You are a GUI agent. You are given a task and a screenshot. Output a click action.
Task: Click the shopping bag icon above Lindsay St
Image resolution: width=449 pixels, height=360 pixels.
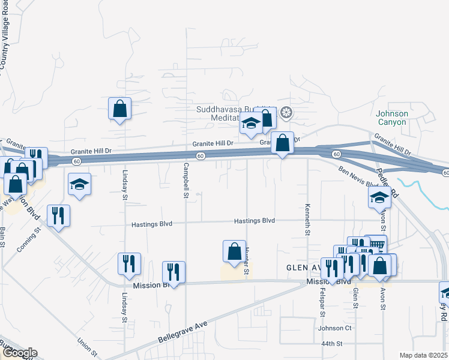[119, 109]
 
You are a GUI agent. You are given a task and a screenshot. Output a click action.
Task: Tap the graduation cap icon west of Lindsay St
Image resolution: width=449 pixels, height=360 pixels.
[79, 184]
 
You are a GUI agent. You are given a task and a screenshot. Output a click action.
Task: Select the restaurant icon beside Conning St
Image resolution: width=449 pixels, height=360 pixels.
[58, 215]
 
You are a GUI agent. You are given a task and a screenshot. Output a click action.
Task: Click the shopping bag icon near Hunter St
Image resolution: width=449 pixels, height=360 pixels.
[234, 251]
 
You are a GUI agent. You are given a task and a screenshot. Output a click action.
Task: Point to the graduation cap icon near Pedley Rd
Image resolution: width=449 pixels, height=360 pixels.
[379, 196]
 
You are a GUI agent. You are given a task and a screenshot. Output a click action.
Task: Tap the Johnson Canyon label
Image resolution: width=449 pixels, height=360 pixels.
[392, 118]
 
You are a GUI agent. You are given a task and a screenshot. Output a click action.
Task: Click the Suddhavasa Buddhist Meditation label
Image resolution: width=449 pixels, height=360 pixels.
[234, 113]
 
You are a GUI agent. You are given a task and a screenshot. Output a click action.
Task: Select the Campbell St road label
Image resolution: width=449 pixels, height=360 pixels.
[186, 181]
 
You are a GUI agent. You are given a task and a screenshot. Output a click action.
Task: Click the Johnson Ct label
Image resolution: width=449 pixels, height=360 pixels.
[334, 328]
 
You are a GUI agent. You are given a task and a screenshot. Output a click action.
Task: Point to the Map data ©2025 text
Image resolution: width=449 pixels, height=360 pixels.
[423, 355]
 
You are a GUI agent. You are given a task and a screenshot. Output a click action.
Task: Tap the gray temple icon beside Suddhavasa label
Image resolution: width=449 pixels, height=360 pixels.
[287, 112]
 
